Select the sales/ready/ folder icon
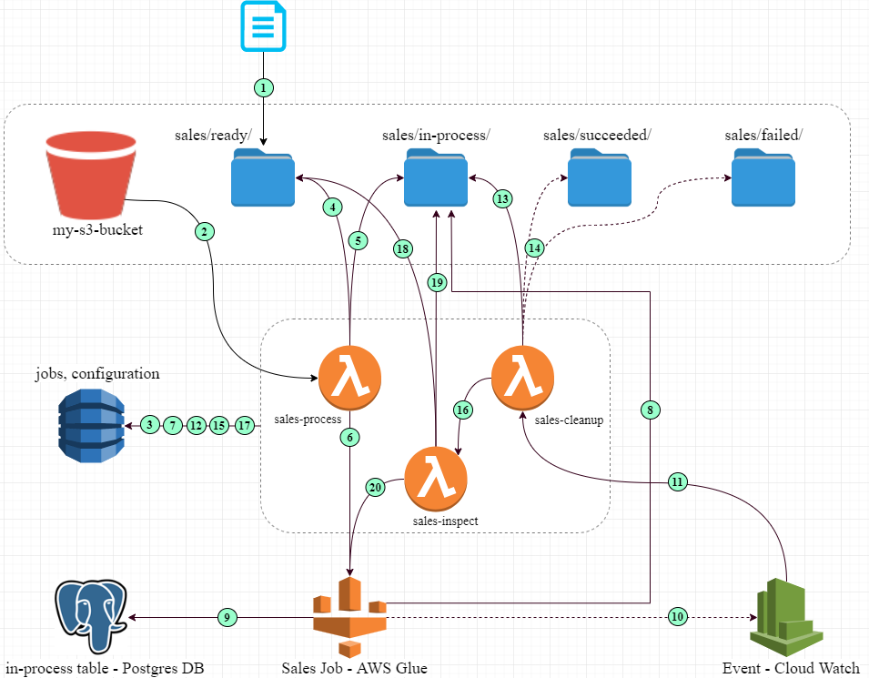(x=262, y=177)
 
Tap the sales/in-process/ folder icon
(x=436, y=177)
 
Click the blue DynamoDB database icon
(x=90, y=424)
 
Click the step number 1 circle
(x=263, y=88)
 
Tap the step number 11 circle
(x=677, y=482)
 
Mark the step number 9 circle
(x=227, y=617)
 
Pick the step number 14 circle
(x=535, y=247)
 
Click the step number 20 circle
(x=375, y=488)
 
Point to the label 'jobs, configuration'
(x=97, y=374)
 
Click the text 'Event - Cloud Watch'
(x=791, y=668)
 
